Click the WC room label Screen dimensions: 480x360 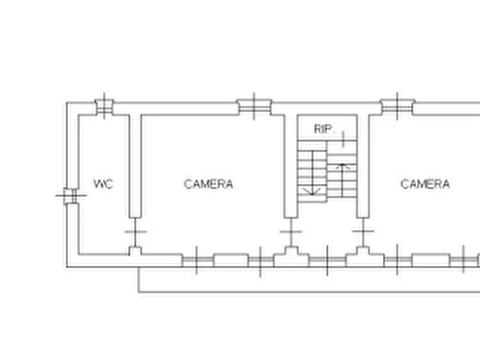point(103,184)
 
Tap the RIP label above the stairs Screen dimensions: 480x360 point(323,129)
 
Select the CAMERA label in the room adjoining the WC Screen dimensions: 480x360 point(208,184)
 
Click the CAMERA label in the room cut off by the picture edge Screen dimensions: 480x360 point(425,184)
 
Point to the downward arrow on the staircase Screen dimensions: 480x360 point(312,173)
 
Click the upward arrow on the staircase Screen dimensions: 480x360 point(342,181)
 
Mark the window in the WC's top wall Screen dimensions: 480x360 point(104,106)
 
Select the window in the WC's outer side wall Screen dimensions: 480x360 point(70,196)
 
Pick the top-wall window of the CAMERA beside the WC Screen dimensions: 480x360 point(254,106)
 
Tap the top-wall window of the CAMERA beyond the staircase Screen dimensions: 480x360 point(397,106)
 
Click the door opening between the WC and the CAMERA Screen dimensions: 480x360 point(135,232)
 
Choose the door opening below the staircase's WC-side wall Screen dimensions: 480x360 point(291,232)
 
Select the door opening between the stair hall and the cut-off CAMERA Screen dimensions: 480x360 point(363,231)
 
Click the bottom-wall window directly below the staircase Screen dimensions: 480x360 point(327,261)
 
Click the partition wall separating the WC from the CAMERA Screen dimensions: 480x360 point(135,166)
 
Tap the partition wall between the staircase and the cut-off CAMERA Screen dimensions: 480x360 point(363,166)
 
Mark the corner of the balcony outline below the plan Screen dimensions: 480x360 point(138,292)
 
